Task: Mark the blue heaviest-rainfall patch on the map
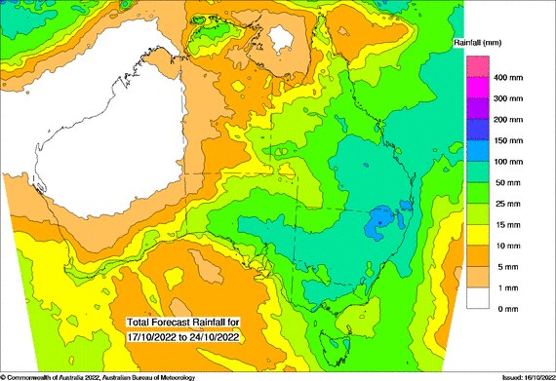click(376, 225)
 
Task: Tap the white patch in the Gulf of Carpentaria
click(282, 39)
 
